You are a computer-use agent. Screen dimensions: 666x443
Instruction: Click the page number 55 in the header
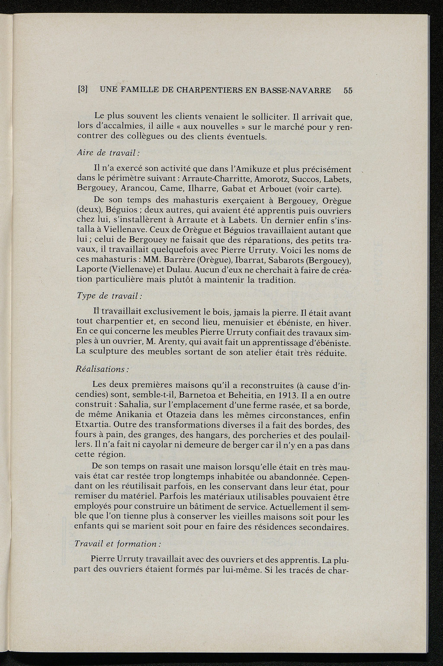pos(348,91)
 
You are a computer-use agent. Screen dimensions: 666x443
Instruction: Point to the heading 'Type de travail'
pos(109,296)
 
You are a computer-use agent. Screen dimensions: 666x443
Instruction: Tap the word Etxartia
pos(94,426)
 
